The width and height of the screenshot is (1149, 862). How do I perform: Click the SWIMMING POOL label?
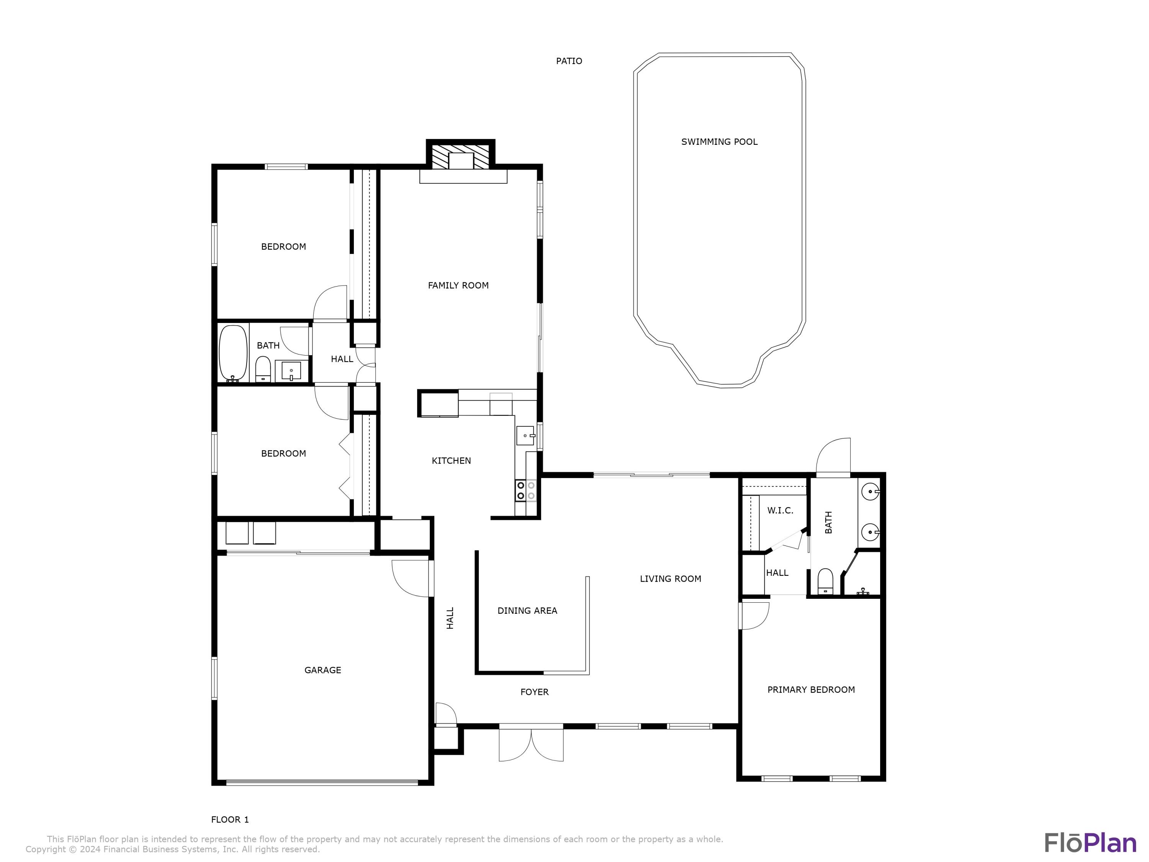click(x=719, y=142)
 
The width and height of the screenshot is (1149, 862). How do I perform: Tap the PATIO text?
click(x=569, y=61)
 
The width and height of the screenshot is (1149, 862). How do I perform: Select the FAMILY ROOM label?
click(x=458, y=285)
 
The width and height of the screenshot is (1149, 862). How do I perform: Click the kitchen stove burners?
click(x=526, y=490)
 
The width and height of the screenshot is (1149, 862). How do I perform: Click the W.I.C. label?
click(x=780, y=511)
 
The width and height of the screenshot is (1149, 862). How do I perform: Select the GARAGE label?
click(x=322, y=670)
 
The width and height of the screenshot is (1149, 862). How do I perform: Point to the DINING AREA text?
click(x=527, y=611)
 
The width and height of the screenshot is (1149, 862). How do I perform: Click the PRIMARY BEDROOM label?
click(x=811, y=690)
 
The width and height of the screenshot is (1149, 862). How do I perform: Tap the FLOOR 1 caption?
click(x=229, y=820)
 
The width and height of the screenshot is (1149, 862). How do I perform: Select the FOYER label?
click(x=535, y=692)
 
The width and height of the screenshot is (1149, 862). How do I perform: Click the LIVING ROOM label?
click(x=670, y=579)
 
